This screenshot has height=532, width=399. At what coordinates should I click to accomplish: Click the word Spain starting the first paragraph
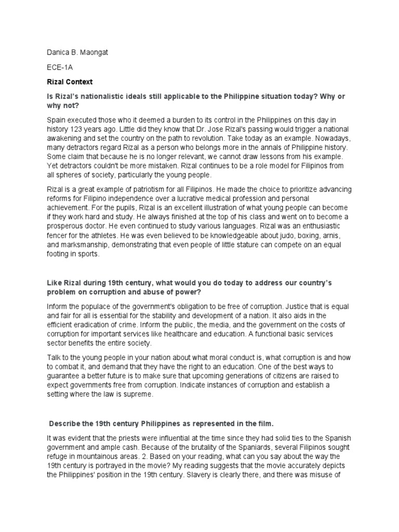point(57,120)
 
